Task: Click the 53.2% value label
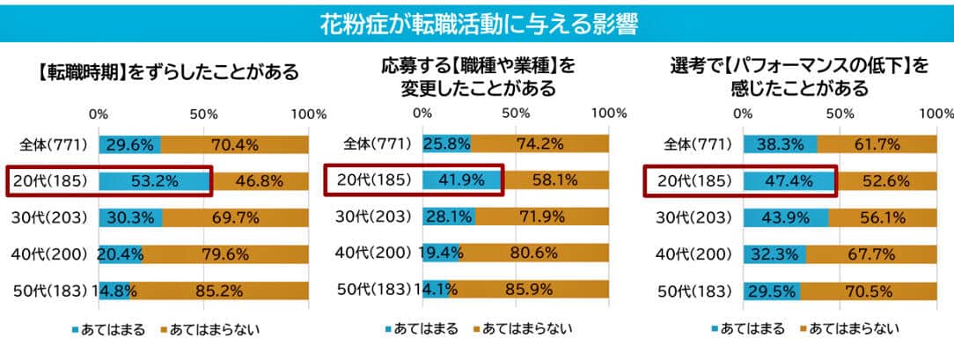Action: (155, 181)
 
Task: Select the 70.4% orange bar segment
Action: (235, 145)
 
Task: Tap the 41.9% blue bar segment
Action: (461, 181)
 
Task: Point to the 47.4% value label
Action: (789, 181)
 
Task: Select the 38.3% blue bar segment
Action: (781, 145)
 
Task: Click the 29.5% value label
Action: (772, 290)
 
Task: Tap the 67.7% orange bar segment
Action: (871, 254)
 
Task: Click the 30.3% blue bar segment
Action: (130, 217)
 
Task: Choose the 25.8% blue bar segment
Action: (446, 145)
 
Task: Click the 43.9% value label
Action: (785, 217)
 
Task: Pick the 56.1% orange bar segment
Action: (883, 217)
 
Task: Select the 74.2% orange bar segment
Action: (539, 145)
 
